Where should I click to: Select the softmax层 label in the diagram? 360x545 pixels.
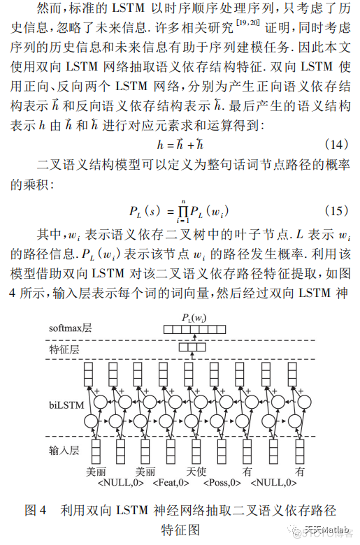pyautogui.click(x=71, y=328)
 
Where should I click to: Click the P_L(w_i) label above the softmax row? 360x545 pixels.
pyautogui.click(x=193, y=319)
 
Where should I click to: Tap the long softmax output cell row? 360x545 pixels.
pyautogui.click(x=194, y=329)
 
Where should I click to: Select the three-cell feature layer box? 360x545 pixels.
pyautogui.click(x=192, y=347)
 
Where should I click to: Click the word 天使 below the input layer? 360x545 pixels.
pyautogui.click(x=194, y=472)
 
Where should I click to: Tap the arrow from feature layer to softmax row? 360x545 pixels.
pyautogui.click(x=193, y=338)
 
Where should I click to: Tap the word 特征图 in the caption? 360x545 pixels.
pyautogui.click(x=180, y=530)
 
